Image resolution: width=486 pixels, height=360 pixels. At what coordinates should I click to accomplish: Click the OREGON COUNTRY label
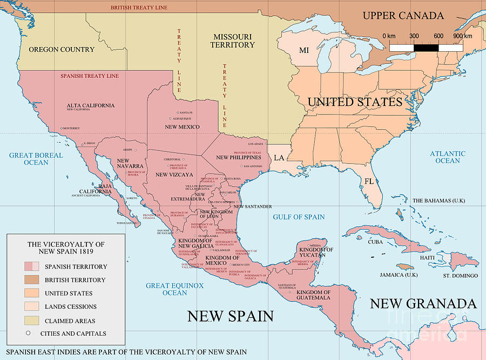click(62, 50)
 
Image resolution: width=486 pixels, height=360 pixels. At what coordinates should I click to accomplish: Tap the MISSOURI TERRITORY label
click(232, 41)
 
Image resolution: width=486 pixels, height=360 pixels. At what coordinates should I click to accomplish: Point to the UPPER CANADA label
click(403, 15)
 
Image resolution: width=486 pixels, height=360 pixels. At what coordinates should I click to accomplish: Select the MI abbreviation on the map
click(304, 50)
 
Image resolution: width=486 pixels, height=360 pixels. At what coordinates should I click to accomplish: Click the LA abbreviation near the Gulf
click(279, 158)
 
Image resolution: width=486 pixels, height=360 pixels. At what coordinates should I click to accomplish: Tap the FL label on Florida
click(369, 181)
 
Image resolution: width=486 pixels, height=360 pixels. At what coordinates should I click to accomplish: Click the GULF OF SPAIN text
click(299, 217)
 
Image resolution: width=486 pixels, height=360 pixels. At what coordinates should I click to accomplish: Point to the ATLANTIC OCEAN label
click(447, 157)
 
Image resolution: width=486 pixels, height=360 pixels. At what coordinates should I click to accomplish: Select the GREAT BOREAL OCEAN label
click(36, 159)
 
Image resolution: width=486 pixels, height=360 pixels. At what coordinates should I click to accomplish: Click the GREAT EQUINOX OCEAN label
click(174, 289)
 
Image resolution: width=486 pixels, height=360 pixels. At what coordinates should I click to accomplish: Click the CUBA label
click(375, 242)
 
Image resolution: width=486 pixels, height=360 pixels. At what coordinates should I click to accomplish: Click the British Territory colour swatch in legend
click(32, 280)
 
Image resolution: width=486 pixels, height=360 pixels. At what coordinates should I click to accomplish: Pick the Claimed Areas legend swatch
click(32, 321)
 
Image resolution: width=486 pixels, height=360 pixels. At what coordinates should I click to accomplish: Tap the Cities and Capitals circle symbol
click(28, 334)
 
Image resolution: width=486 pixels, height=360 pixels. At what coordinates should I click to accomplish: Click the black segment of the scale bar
click(426, 48)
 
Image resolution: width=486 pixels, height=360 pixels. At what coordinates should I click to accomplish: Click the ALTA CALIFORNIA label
click(91, 105)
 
